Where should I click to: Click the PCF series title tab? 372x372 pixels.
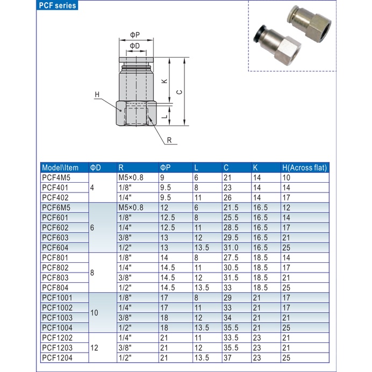pos(58,6)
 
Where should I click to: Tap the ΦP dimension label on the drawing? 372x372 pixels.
pos(135,35)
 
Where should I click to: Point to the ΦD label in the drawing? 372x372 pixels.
pos(135,46)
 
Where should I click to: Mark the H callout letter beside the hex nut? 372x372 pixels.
pos(97,95)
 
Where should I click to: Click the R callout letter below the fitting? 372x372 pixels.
pos(169,140)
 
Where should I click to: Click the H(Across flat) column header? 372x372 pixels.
pos(304,167)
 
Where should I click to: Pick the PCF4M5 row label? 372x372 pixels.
pos(56,177)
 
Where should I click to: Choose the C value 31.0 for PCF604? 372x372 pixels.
pos(231,247)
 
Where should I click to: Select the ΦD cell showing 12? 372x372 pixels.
pos(94,348)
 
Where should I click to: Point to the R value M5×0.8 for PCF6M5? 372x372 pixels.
pos(131,207)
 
